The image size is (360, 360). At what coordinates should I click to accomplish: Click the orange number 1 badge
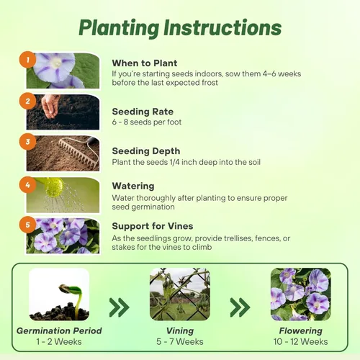coord(28,60)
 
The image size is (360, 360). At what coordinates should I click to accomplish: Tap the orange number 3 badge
coord(28,143)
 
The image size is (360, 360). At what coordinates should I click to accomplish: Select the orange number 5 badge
coord(28,223)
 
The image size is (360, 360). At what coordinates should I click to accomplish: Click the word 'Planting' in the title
coord(120,28)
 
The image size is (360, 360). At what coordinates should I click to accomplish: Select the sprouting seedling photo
coord(59,294)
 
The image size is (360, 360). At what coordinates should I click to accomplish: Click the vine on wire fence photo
coord(180,294)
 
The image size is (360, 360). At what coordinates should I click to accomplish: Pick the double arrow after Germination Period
coord(119,308)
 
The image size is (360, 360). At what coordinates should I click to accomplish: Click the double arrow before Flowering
coord(240,308)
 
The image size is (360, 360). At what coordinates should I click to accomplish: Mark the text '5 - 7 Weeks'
coord(179,342)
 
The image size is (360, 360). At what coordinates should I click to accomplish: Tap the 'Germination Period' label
coord(59,331)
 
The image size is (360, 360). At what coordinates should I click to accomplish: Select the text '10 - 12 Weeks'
coord(300,342)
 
